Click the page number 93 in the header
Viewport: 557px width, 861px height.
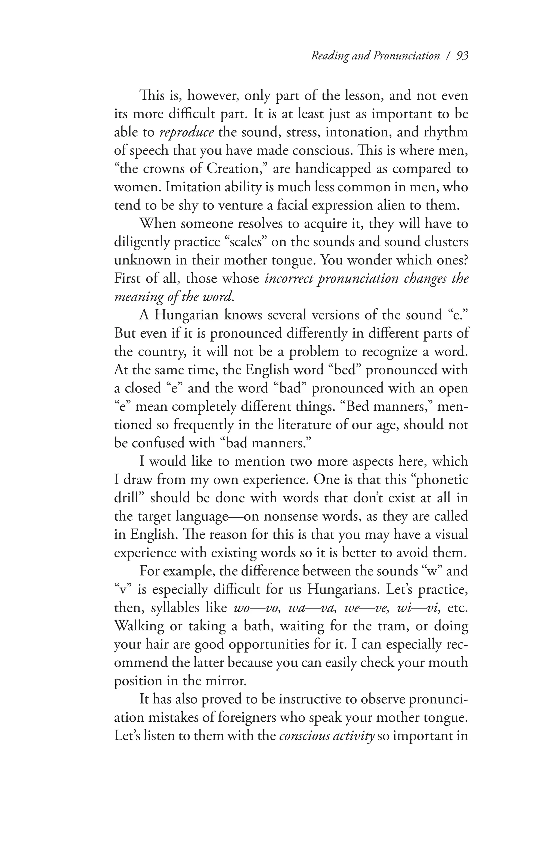462,56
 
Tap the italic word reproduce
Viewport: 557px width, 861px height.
187,132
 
